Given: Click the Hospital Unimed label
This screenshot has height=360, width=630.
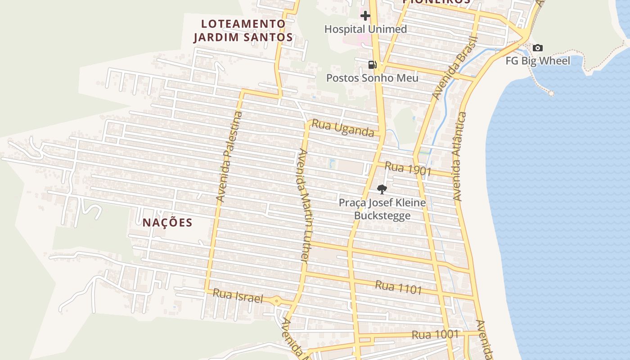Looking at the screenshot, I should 365,29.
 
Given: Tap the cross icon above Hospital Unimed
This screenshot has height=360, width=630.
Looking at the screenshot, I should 365,16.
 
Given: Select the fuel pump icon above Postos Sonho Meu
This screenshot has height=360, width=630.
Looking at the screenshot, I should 372,65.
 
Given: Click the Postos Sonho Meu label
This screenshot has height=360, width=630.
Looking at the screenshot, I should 372,78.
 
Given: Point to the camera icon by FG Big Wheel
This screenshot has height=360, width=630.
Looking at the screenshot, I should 537,48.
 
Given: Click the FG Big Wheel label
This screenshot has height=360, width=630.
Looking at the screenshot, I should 538,61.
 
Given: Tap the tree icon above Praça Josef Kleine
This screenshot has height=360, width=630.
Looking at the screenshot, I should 382,189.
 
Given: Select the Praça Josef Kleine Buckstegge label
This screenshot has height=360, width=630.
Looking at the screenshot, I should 382,209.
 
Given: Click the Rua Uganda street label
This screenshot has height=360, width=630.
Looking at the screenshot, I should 343,128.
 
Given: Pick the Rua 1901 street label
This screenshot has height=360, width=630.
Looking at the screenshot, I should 408,169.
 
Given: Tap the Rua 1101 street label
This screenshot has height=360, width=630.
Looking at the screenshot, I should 398,287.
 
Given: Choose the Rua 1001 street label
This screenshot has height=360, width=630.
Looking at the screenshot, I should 435,335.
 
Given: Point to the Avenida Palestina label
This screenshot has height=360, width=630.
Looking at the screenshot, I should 229,156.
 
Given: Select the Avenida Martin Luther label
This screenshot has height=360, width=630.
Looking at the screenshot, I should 301,205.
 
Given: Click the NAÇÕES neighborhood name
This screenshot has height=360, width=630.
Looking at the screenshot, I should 167,223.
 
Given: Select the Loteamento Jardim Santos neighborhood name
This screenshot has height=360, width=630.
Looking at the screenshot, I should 243,31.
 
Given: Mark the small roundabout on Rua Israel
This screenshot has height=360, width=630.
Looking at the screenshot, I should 276,301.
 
